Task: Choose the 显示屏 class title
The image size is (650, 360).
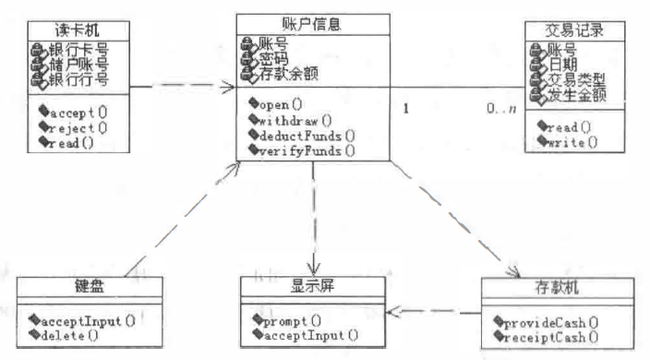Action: click(x=309, y=283)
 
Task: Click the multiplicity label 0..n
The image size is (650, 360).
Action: click(x=501, y=110)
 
